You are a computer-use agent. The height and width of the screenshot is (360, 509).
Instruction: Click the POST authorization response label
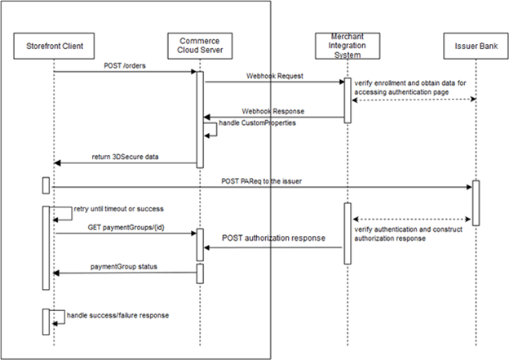(272, 238)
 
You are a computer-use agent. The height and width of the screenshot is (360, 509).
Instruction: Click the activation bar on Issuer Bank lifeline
(476, 202)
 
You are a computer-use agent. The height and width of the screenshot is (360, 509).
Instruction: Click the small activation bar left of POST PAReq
(46, 185)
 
